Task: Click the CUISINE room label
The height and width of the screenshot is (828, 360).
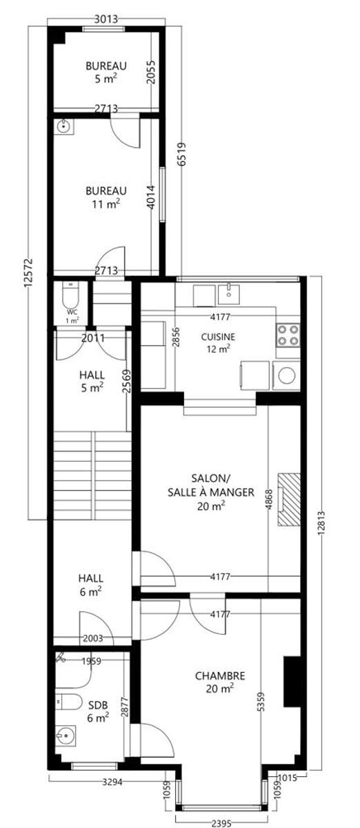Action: [x=218, y=337]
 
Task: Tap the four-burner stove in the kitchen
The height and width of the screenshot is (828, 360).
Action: [x=288, y=335]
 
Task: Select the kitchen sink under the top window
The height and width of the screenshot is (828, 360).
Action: [x=229, y=291]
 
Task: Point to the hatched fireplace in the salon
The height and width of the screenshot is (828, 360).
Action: [x=289, y=499]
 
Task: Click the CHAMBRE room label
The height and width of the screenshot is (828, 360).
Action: [x=220, y=676]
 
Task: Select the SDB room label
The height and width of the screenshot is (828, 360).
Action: [x=98, y=705]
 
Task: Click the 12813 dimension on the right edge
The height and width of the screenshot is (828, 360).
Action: [x=321, y=523]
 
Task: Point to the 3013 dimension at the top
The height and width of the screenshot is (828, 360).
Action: [x=106, y=19]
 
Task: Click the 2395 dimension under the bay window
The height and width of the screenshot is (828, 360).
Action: [x=221, y=823]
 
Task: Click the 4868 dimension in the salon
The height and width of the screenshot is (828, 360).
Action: [x=269, y=500]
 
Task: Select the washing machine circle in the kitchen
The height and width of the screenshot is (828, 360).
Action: [x=287, y=376]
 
